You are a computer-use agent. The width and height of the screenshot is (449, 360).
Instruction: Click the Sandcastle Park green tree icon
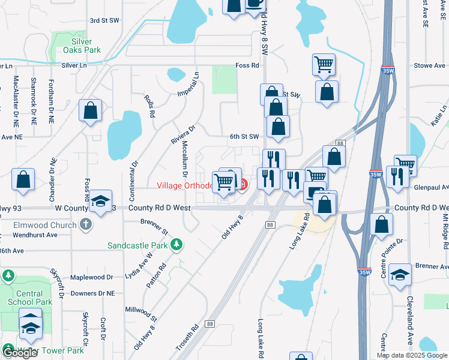tap(176, 244)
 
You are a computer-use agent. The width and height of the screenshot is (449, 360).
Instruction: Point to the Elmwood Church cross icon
tap(86, 226)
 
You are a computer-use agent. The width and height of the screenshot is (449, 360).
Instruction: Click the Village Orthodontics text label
tap(184, 185)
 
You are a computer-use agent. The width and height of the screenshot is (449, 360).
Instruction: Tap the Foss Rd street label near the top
tap(247, 65)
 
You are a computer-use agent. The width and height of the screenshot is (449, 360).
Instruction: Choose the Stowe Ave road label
tap(429, 65)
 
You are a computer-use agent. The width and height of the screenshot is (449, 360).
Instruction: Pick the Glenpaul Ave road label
tap(431, 187)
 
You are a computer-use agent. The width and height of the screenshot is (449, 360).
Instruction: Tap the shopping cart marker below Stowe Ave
tap(324, 64)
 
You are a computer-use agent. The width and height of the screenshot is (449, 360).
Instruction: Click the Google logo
tap(20, 353)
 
